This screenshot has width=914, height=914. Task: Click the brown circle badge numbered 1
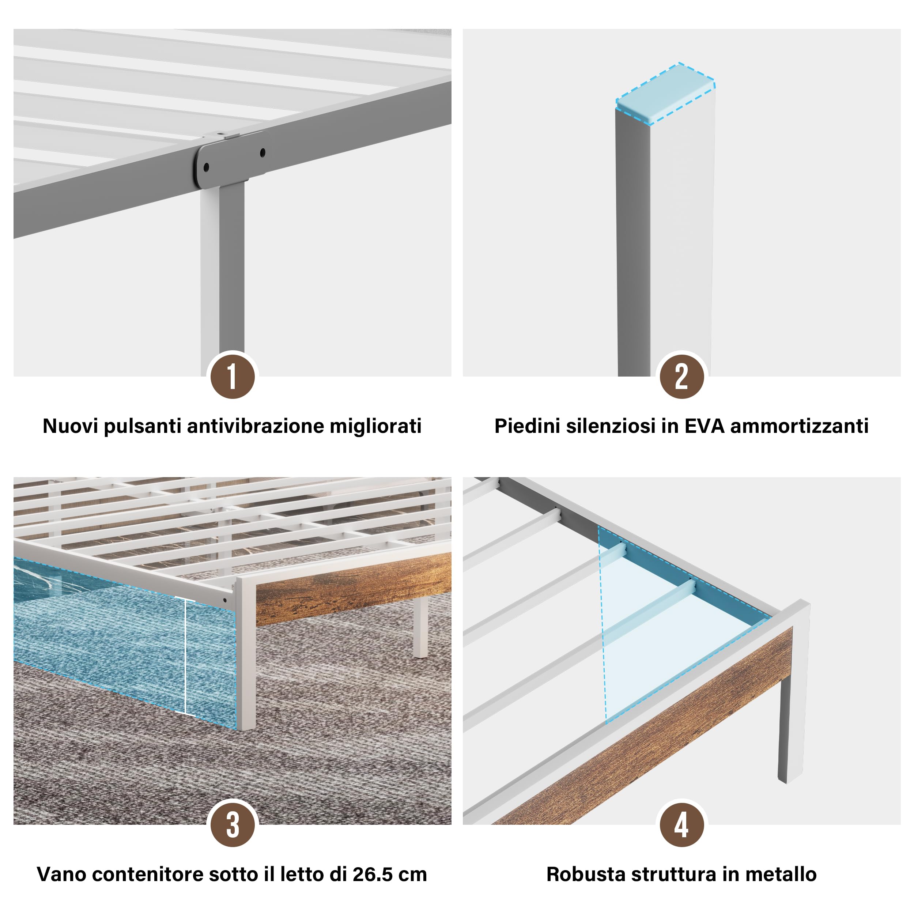pyautogui.click(x=232, y=377)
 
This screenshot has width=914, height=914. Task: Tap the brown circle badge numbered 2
pyautogui.click(x=682, y=377)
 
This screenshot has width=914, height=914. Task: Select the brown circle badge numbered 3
pyautogui.click(x=232, y=825)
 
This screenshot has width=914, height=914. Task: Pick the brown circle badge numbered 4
pyautogui.click(x=682, y=825)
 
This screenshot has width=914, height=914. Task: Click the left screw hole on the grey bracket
pyautogui.click(x=206, y=167)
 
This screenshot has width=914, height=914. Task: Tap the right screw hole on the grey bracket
pyautogui.click(x=263, y=152)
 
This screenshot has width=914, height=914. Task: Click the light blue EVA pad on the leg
pyautogui.click(x=665, y=94)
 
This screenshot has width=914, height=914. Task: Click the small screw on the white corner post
pyautogui.click(x=225, y=600)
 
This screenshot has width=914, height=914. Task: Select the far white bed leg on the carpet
pyautogui.click(x=420, y=626)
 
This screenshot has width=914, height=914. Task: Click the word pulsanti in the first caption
pyautogui.click(x=142, y=426)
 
